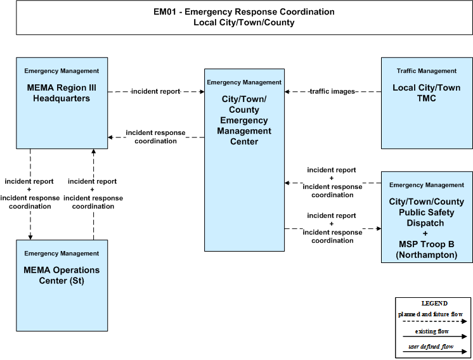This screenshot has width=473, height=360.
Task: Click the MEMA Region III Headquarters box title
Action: point(62,93)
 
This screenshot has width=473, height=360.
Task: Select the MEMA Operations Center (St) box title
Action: point(62,275)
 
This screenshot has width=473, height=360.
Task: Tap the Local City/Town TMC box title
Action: point(426,93)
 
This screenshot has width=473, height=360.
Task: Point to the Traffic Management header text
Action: point(426,71)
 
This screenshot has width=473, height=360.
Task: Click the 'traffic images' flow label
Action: point(332,91)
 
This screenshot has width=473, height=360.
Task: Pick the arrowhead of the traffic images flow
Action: point(287,91)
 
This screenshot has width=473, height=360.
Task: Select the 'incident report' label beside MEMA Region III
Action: point(155,91)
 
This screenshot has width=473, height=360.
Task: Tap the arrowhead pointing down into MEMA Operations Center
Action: point(30,237)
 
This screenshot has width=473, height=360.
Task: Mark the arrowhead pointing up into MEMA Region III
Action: point(93,151)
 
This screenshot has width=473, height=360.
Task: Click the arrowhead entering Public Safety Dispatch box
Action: point(379,229)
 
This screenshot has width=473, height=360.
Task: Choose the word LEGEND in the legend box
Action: point(434,304)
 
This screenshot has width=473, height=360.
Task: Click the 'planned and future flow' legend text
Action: point(431,314)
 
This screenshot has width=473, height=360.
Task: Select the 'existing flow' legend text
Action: point(432,331)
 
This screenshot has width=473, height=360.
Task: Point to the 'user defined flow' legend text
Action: point(431,347)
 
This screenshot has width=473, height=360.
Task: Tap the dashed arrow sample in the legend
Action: point(435,321)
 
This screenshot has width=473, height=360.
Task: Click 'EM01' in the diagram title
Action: point(164,12)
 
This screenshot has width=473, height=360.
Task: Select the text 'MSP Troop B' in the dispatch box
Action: point(426,244)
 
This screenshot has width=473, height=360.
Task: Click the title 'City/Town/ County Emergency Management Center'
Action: point(244,120)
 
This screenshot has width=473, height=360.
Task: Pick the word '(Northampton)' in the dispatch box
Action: point(427,255)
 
